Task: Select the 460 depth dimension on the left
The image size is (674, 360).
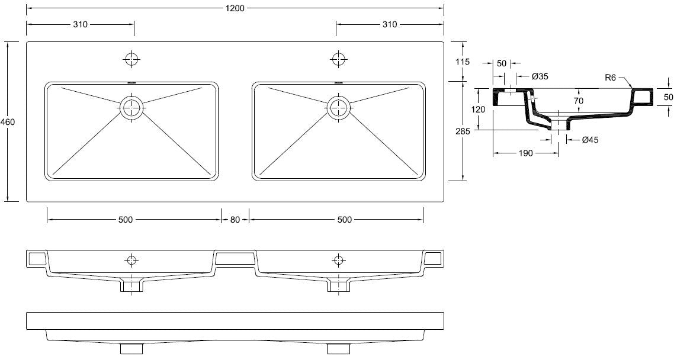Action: [8, 122]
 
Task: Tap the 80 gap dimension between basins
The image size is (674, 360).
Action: [235, 220]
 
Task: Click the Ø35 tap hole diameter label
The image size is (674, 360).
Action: [540, 76]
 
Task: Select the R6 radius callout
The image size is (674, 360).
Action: [612, 77]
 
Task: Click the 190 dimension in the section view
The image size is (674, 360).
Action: [526, 153]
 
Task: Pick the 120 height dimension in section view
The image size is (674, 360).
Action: [479, 110]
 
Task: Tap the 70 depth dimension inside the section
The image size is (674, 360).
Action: [579, 101]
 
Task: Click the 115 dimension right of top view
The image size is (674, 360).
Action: [463, 62]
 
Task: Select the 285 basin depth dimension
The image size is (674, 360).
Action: [463, 131]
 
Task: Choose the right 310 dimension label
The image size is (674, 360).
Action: [389, 25]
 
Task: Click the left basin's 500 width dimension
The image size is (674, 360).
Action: [125, 220]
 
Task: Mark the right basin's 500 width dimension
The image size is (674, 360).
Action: [345, 220]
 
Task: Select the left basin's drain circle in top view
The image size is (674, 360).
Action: [131, 107]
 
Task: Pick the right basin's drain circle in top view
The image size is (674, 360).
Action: [338, 107]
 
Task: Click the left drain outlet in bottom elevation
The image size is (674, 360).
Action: [131, 348]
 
